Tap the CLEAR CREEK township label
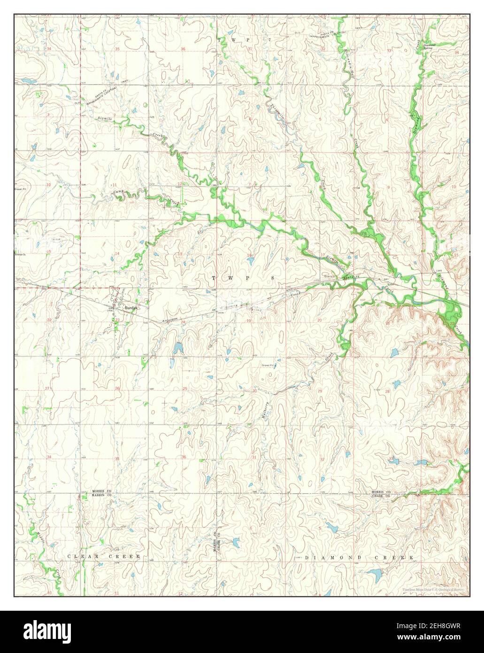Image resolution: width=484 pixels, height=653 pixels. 104,556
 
